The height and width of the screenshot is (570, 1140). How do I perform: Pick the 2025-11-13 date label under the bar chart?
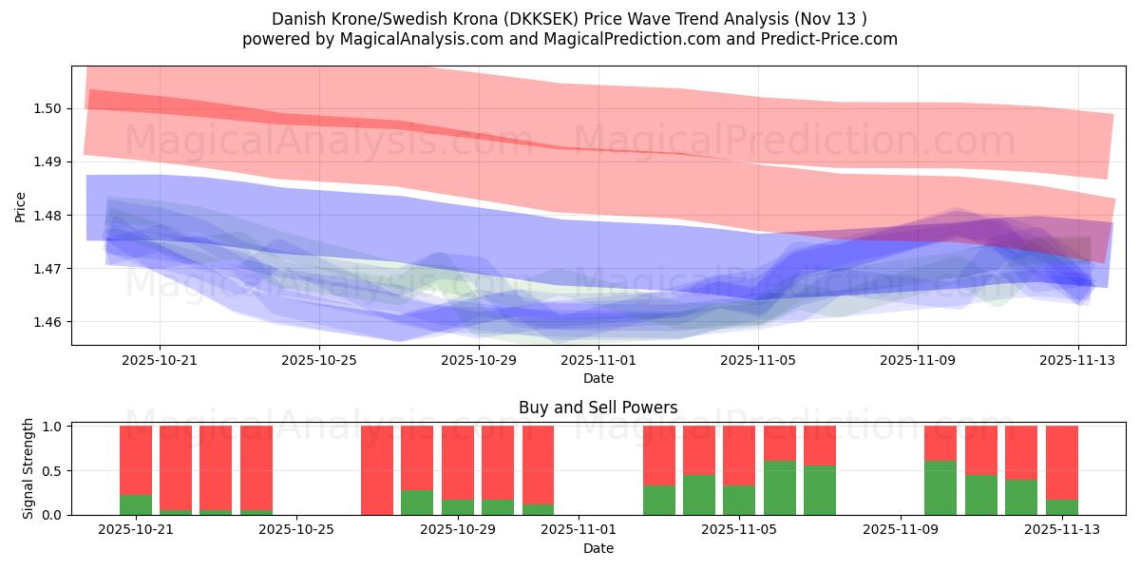click(1061, 530)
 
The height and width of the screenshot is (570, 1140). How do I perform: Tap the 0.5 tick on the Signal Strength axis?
click(52, 471)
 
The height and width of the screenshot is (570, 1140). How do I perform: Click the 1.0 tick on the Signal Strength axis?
click(52, 427)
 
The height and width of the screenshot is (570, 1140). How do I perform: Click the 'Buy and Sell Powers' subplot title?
click(598, 408)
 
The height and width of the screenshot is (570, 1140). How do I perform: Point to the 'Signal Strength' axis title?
click(28, 468)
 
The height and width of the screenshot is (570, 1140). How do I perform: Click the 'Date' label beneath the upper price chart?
click(598, 378)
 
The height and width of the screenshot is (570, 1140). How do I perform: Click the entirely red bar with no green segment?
click(377, 470)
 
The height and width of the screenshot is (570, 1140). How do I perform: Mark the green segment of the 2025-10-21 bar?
click(136, 504)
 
